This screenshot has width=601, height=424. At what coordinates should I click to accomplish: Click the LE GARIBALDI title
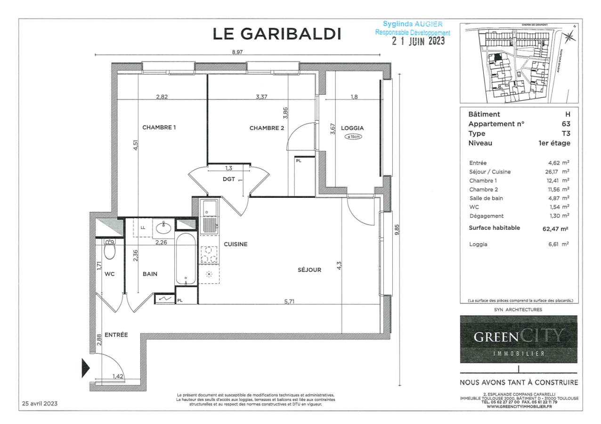(x=276, y=33)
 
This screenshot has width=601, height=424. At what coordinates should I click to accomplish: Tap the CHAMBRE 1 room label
(x=159, y=127)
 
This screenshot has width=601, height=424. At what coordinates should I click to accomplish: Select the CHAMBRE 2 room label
(x=267, y=128)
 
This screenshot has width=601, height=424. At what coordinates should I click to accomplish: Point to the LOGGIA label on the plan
(x=352, y=127)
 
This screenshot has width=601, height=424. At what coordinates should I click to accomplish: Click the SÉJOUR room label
(x=309, y=270)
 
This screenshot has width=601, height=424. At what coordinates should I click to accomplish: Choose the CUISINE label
(x=236, y=244)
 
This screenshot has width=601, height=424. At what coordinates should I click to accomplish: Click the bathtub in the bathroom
(x=186, y=259)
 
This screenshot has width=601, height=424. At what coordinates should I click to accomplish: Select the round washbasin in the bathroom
(x=164, y=228)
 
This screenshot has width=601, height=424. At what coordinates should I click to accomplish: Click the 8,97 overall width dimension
(x=237, y=52)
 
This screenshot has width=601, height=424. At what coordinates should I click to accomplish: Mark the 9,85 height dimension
(x=397, y=229)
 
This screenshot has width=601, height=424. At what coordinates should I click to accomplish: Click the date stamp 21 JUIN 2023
(x=418, y=41)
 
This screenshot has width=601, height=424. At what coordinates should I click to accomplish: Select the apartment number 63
(x=566, y=124)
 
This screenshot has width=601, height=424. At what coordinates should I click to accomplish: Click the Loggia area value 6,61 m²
(x=559, y=245)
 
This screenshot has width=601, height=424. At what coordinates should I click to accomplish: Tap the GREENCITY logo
(x=519, y=339)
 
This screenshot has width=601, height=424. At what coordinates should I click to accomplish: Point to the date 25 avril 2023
(x=40, y=403)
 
